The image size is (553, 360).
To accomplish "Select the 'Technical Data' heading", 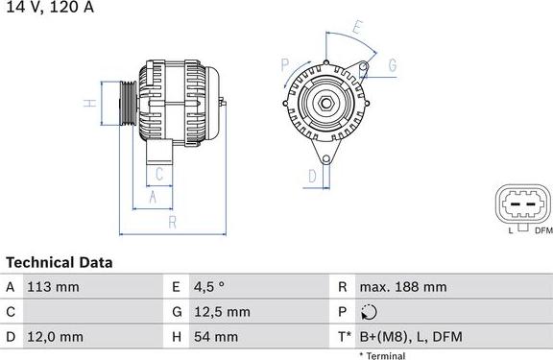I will coord(60,262).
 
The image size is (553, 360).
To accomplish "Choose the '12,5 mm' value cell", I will coord(224,312).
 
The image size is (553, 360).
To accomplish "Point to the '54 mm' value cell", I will coord(218,337).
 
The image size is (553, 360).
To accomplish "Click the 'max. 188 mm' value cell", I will coord(402,287).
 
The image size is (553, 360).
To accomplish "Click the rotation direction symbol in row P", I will coord(372,312).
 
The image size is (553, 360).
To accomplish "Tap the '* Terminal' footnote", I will coord(382,355).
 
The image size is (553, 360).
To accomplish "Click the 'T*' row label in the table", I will coord(343,337).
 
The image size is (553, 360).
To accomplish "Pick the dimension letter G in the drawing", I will coord(393,66).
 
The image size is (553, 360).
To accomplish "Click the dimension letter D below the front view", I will coord(312,176).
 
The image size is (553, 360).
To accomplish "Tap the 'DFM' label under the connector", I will coord(542,230).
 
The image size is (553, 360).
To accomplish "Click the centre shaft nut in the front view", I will coord(327,103).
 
